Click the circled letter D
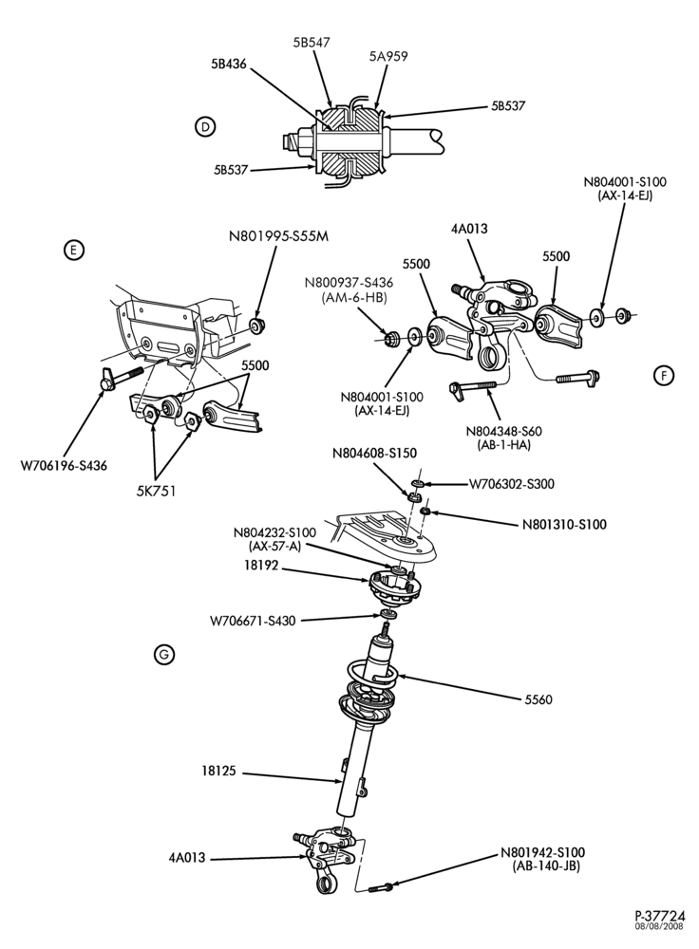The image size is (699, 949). [205, 126]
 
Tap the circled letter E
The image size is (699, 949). [73, 250]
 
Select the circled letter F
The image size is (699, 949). [664, 376]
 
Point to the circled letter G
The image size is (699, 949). [164, 654]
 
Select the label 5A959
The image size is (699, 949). [388, 56]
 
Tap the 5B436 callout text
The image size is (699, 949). [229, 63]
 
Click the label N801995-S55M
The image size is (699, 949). [278, 236]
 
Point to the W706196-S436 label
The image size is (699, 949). [65, 466]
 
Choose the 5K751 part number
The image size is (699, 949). [156, 491]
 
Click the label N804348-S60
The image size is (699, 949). [504, 432]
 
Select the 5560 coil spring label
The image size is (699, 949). [538, 699]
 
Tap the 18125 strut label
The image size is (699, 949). [218, 772]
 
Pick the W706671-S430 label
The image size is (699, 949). [253, 621]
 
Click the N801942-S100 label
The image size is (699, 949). [542, 853]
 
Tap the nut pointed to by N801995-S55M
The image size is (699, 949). [258, 326]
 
